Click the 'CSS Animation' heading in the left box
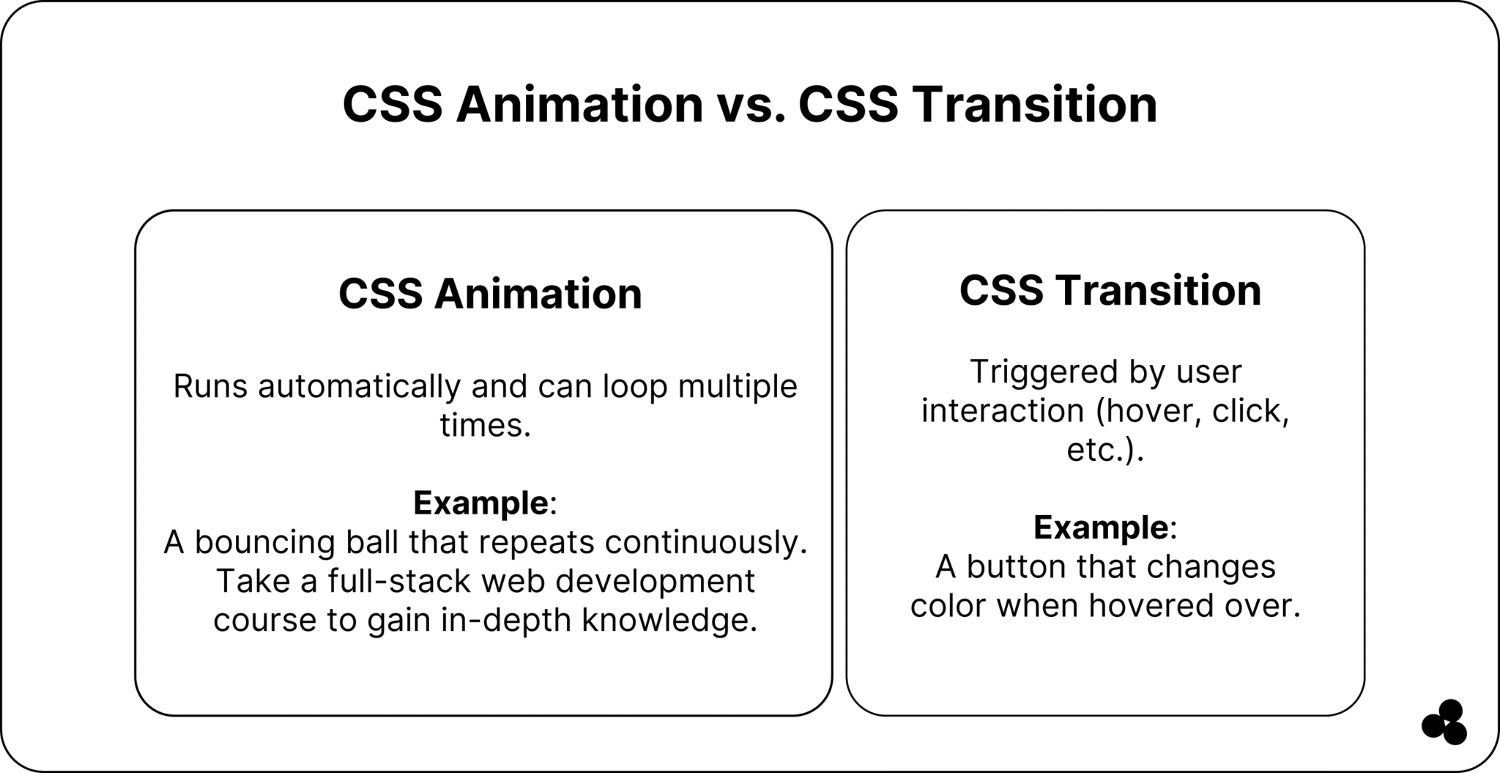tap(490, 294)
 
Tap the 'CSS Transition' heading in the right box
tap(1110, 290)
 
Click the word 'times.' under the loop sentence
tap(485, 425)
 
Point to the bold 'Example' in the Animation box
tap(480, 503)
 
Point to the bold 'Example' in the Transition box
tap(1100, 528)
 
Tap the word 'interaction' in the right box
tap(1002, 411)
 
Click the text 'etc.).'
tap(1104, 450)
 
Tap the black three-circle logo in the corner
tap(1444, 722)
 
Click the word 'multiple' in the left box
tap(737, 387)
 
